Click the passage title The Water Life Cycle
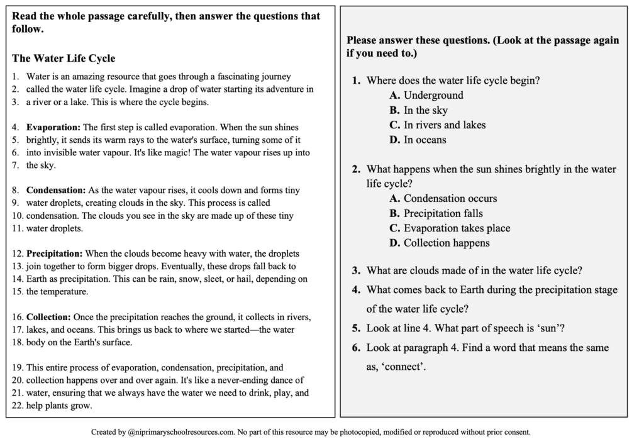64,58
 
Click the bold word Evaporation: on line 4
53,127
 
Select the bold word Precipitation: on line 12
54,253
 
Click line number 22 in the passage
18,406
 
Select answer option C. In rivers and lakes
437,125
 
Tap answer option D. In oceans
418,140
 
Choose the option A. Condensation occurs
443,199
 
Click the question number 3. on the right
356,271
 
